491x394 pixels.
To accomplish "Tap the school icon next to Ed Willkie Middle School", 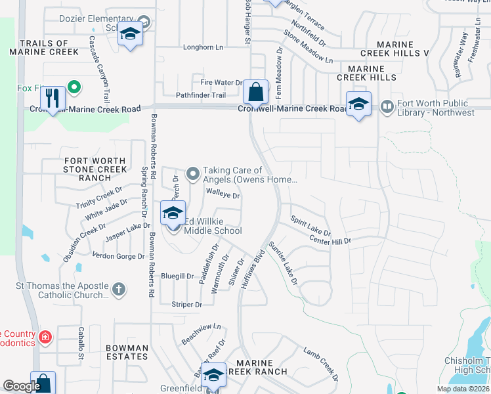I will (173, 213).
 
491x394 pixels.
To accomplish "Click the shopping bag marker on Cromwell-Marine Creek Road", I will (255, 92).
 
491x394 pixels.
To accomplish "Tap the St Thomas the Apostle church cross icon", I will (118, 290).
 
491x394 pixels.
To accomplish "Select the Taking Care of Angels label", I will (249, 175).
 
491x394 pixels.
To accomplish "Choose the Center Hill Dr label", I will (330, 241).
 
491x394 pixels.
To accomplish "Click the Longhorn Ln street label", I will (203, 47).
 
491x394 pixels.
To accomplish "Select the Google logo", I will (22, 386).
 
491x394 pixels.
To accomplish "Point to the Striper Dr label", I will (184, 304).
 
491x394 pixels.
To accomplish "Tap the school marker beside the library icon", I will (358, 105).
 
